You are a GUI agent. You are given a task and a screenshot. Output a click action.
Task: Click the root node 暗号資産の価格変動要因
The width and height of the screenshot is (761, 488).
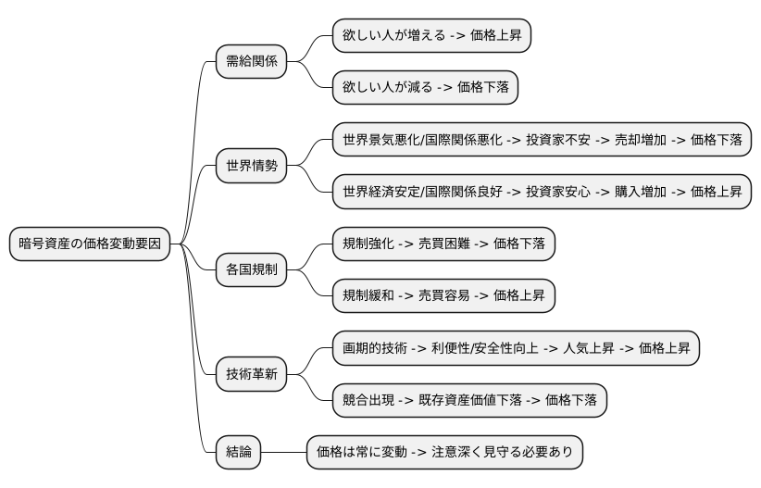(x=90, y=244)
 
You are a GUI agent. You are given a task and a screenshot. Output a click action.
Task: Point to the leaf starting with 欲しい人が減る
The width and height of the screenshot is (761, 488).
(x=425, y=88)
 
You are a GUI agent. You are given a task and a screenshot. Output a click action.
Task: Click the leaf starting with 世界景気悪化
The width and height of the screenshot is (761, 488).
(x=541, y=141)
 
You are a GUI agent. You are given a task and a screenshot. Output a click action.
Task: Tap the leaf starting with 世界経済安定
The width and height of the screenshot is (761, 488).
(x=541, y=193)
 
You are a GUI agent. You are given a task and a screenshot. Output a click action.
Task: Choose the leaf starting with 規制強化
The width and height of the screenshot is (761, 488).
(x=443, y=244)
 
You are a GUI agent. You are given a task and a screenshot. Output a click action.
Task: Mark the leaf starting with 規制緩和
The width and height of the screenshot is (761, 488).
(x=443, y=296)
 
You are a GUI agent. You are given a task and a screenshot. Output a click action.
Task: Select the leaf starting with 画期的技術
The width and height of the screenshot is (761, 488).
(x=516, y=349)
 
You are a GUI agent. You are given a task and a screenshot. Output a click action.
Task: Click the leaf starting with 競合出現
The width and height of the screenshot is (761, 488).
(x=469, y=401)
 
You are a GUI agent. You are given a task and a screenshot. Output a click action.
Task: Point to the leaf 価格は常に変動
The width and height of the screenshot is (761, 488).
(x=444, y=453)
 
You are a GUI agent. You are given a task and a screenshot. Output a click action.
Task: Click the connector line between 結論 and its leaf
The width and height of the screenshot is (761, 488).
(x=283, y=453)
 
